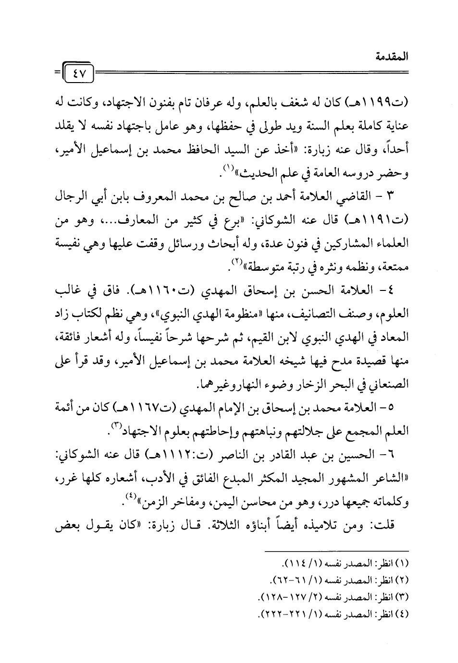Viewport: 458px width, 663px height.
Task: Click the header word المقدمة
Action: (392, 57)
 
